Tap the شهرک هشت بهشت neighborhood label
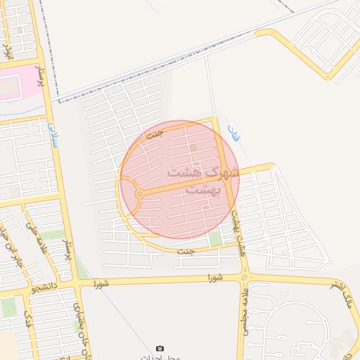point(202,180)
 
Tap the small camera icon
point(160,349)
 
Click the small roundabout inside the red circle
point(140,193)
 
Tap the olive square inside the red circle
point(193,148)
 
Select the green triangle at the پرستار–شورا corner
point(83,271)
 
